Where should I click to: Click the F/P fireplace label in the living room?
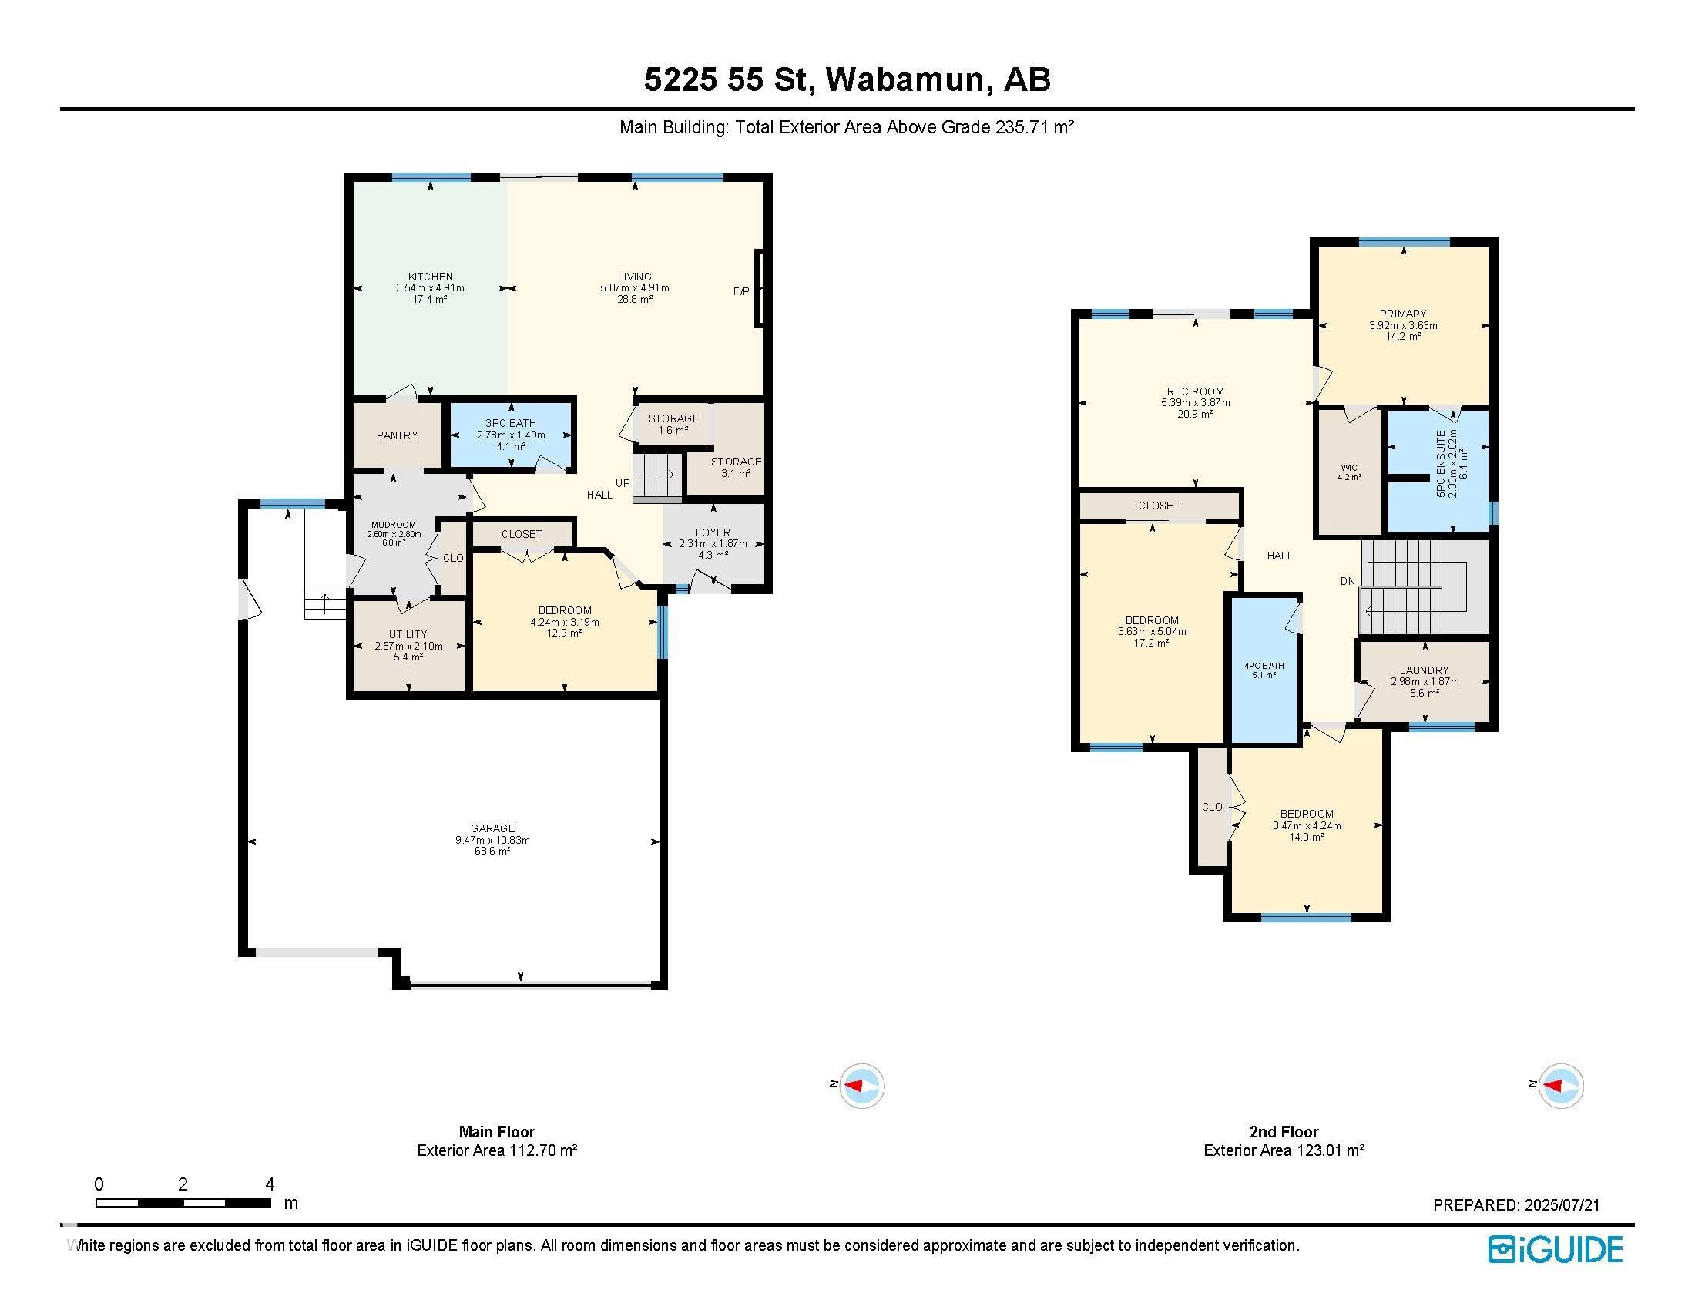(741, 291)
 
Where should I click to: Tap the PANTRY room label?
(397, 435)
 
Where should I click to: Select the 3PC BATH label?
(511, 423)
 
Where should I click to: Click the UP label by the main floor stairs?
(623, 482)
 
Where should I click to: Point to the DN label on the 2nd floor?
(1348, 580)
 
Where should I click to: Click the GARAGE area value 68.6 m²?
(492, 851)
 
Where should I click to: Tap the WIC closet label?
(1349, 467)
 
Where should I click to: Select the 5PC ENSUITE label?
(1442, 463)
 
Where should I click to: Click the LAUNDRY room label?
(1424, 670)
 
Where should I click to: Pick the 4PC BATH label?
(1264, 665)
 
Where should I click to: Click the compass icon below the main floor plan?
(862, 1085)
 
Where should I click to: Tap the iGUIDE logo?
(1555, 1249)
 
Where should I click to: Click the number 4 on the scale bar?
(270, 1184)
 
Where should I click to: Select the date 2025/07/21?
(1562, 1205)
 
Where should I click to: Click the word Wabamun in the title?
(905, 79)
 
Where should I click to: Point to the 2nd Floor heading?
(1284, 1131)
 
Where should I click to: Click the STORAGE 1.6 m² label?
(673, 424)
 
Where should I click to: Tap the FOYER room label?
(713, 532)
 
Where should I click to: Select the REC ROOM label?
(1195, 391)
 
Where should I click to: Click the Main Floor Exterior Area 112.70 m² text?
(497, 1150)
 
